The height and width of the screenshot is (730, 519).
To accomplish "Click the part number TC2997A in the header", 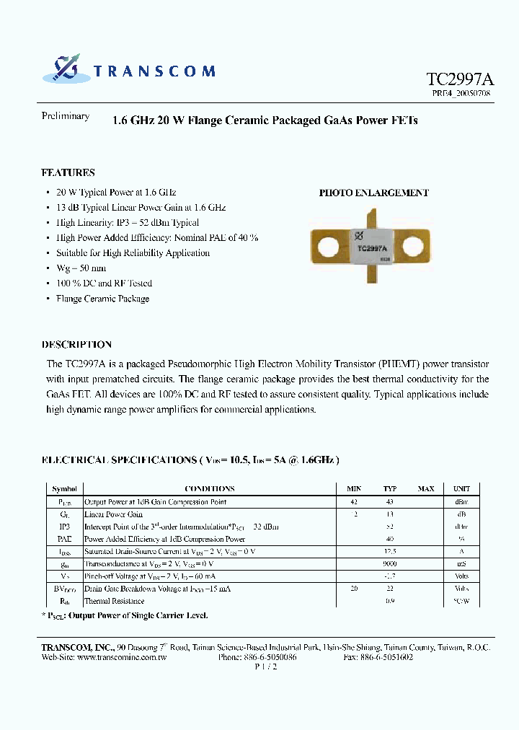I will [459, 79].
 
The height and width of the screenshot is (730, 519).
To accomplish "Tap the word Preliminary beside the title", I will [66, 116].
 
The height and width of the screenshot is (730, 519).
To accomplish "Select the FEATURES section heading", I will [68, 173].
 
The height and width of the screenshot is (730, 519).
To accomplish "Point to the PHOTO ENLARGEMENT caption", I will [373, 193].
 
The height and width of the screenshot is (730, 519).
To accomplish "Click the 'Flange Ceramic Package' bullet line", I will [102, 299].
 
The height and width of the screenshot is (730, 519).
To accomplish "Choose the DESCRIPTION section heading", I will [76, 345].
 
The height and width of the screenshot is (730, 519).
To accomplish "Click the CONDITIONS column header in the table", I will [209, 488].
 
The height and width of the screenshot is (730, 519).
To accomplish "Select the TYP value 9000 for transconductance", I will [390, 564].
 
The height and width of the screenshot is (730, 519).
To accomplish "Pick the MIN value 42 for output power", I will [353, 502].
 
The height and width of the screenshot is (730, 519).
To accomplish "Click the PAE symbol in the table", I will [65, 539].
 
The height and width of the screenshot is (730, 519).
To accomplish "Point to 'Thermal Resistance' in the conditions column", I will [114, 601].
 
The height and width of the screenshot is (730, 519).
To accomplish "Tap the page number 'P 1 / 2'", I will [266, 667].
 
